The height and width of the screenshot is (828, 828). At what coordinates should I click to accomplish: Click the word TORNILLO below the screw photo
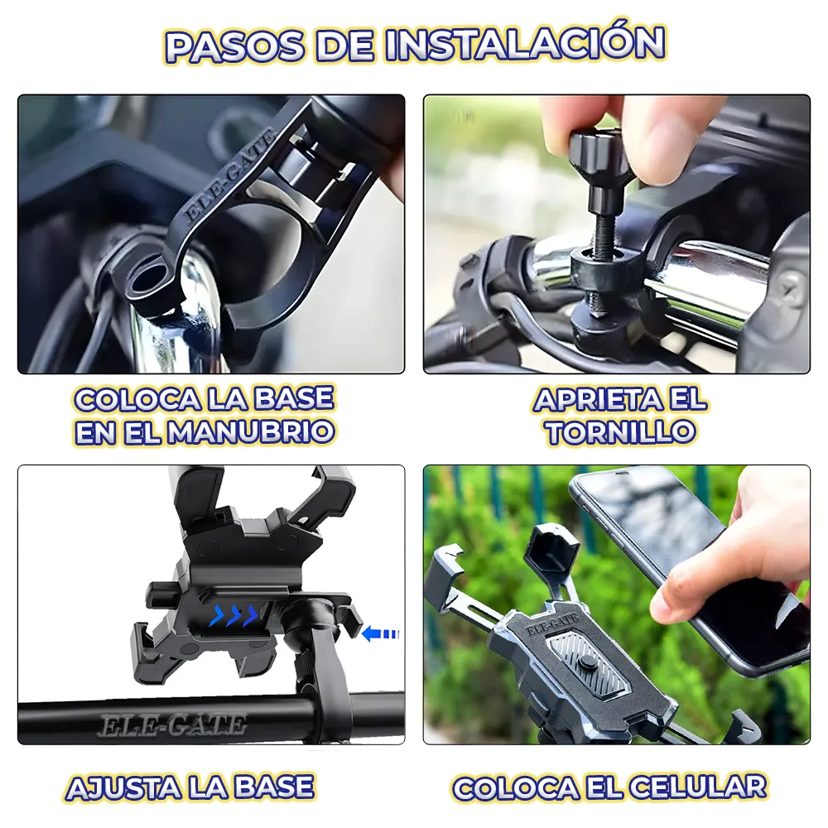[620, 431]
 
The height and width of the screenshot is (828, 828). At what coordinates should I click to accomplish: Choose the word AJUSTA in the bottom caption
[124, 787]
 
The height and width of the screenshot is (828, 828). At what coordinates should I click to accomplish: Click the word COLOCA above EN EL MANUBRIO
[137, 399]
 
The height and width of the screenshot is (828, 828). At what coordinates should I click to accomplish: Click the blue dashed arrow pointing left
[381, 633]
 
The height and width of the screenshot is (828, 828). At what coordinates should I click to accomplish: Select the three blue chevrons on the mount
[233, 615]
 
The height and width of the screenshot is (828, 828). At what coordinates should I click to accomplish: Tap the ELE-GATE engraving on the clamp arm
[229, 176]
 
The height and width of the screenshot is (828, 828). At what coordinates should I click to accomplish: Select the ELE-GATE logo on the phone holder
[552, 626]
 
